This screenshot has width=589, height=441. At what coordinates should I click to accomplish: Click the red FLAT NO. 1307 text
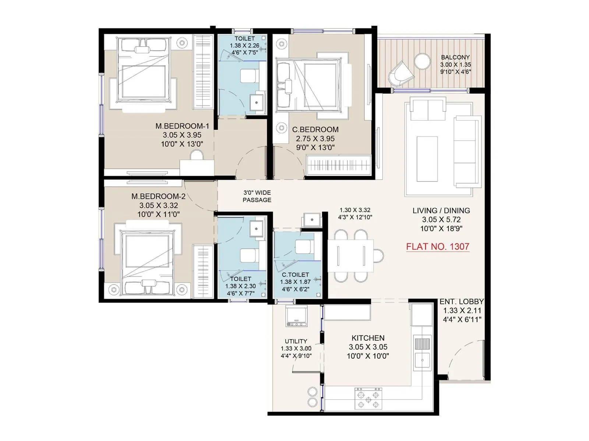(437, 247)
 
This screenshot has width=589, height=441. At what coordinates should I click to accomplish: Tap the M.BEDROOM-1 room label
(182, 126)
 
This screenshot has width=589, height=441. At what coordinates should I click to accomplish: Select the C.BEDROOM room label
(315, 129)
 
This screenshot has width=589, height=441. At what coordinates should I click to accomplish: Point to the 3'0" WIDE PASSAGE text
(257, 196)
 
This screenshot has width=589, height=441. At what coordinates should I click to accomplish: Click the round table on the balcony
(422, 61)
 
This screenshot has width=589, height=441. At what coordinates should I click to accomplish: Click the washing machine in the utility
(296, 316)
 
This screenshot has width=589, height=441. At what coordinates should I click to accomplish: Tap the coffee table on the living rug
(427, 158)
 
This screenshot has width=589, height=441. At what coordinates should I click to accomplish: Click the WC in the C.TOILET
(305, 247)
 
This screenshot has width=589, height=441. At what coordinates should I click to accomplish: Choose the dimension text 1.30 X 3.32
(355, 210)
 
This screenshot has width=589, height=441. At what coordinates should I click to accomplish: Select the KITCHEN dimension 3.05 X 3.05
(368, 347)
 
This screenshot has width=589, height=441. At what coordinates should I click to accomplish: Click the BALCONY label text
(455, 57)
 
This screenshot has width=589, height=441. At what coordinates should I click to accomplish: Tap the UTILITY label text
(296, 341)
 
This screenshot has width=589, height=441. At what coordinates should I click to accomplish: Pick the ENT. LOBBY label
(462, 302)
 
